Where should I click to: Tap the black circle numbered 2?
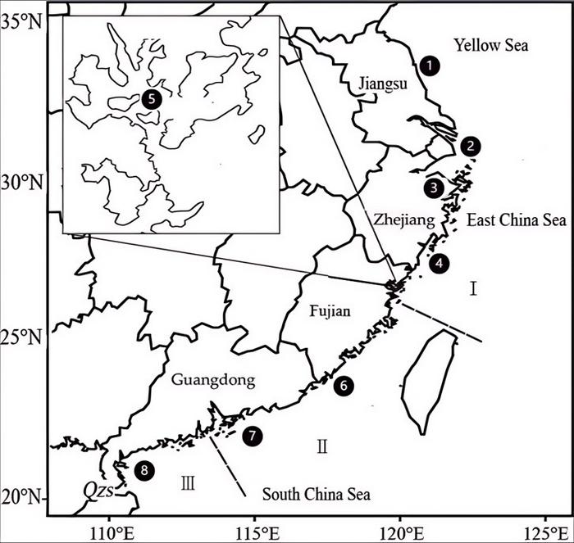tap(470, 146)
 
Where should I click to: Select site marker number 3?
tap(434, 188)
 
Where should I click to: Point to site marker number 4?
tap(440, 263)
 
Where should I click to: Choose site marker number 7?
tap(253, 436)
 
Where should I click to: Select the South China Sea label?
tap(316, 495)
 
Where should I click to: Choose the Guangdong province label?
tap(213, 380)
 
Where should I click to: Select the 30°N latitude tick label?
tap(25, 180)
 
